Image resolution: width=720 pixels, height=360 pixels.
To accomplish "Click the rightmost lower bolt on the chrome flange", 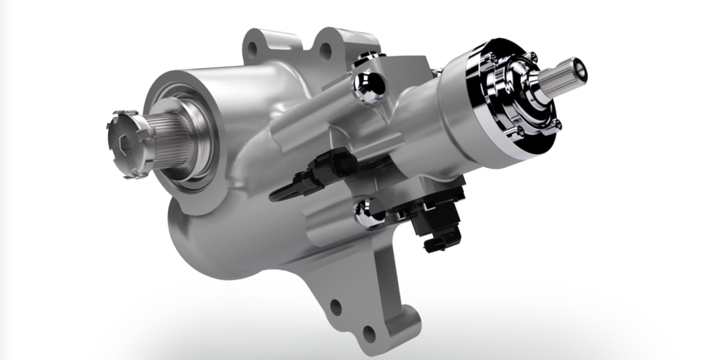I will [555, 124].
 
